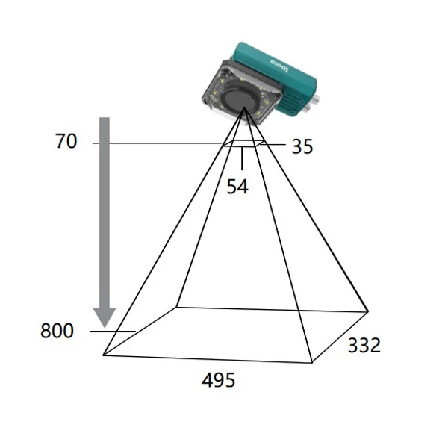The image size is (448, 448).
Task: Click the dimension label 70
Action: (x=66, y=141)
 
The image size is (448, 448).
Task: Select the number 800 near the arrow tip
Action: (x=57, y=331)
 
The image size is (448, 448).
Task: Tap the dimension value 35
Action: (x=302, y=147)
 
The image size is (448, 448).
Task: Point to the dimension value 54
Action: (x=237, y=187)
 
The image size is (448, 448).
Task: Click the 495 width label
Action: (x=219, y=380)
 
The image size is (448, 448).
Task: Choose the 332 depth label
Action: (x=364, y=345)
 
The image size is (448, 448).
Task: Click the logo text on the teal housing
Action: (x=280, y=66)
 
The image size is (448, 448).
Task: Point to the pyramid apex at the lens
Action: (x=244, y=107)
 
